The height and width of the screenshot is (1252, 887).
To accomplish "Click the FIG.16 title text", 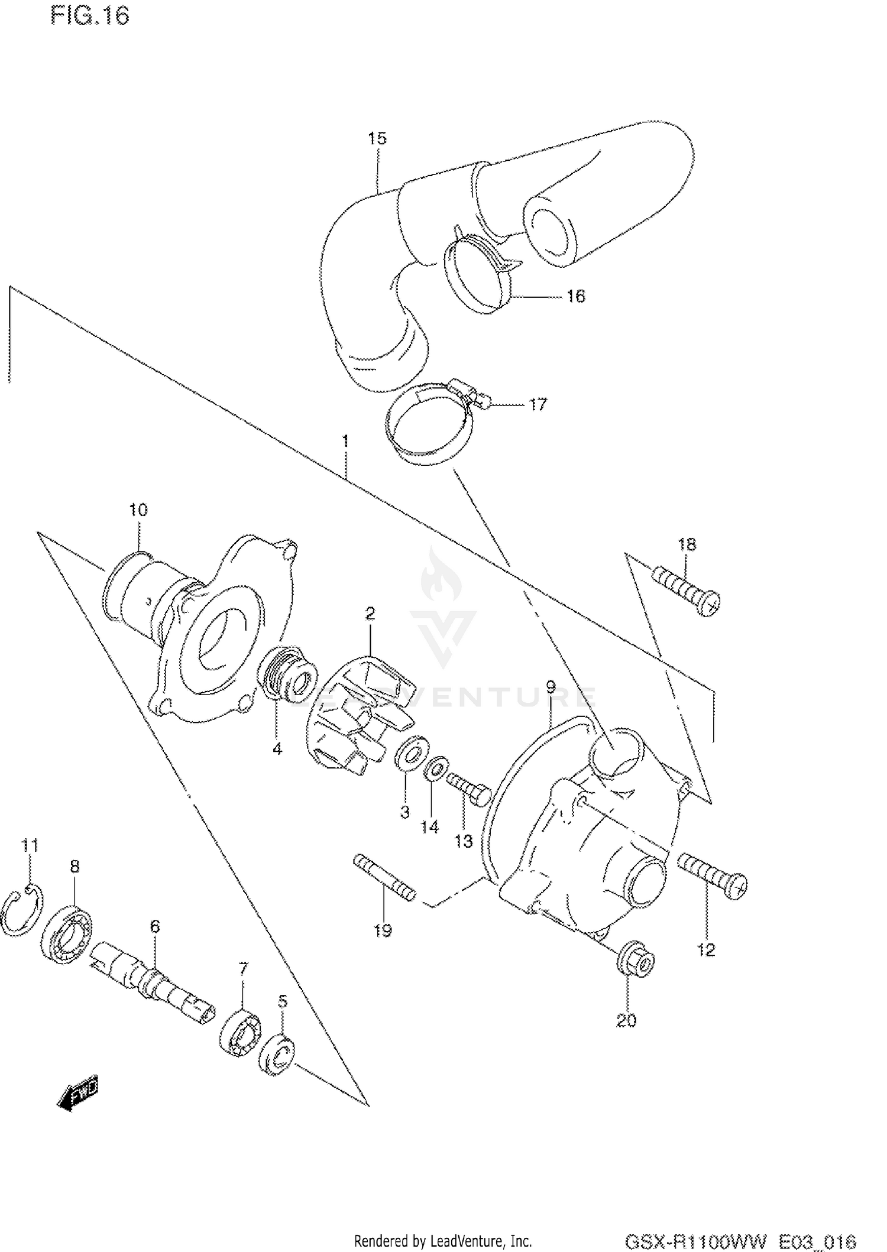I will tap(89, 16).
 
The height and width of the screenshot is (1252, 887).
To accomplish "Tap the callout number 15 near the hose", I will tap(377, 138).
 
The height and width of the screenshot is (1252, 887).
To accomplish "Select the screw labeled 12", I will tap(712, 878).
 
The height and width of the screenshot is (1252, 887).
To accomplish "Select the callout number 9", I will tap(551, 687).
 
